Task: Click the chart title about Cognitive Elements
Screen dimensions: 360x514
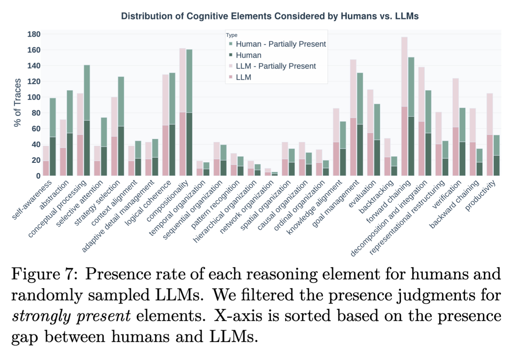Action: coord(270,16)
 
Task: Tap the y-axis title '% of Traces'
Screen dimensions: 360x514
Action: coord(17,102)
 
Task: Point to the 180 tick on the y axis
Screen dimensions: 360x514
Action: coord(34,34)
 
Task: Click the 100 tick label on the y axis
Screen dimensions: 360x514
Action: coord(34,97)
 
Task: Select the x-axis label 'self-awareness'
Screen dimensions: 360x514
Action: coord(33,199)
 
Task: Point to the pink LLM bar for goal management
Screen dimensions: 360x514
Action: coord(353,147)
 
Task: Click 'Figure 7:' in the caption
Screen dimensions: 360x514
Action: coord(43,274)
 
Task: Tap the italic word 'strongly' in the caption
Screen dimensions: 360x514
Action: coord(42,316)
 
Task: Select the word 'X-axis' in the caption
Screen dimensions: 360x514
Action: coord(237,316)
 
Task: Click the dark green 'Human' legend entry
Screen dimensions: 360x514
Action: coord(248,55)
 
